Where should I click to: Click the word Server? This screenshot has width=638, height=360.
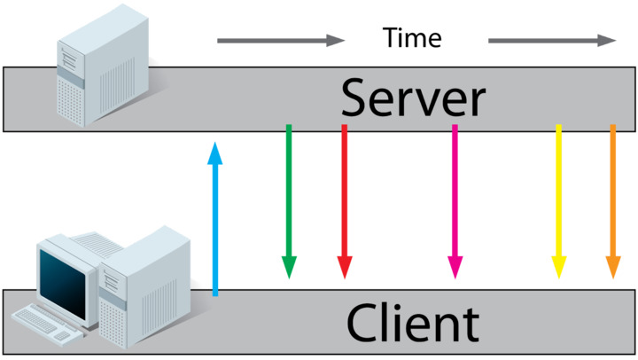click(413, 98)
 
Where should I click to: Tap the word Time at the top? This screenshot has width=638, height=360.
click(412, 37)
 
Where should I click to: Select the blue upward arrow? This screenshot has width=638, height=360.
click(214, 222)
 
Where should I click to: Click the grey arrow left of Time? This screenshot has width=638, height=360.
click(280, 40)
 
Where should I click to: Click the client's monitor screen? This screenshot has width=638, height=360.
click(65, 275)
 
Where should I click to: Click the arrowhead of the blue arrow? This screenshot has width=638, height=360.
click(214, 153)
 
